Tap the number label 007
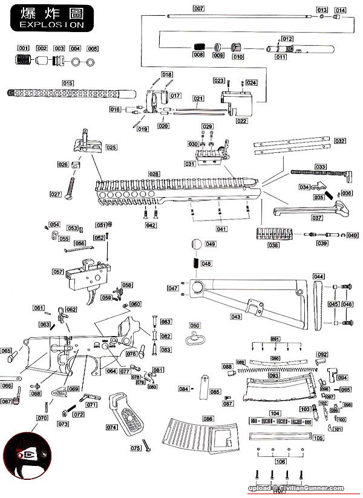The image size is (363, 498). (198, 8)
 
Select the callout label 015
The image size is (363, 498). (68, 83)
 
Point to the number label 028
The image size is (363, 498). (154, 174)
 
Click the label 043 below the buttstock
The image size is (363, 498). (237, 317)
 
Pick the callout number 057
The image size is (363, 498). (58, 272)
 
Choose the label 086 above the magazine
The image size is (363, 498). (207, 418)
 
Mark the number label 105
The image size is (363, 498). (318, 438)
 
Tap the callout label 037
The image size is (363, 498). (316, 218)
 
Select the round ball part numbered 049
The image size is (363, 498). (195, 244)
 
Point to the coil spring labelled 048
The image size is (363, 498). (195, 264)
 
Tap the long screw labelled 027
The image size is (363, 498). (75, 182)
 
